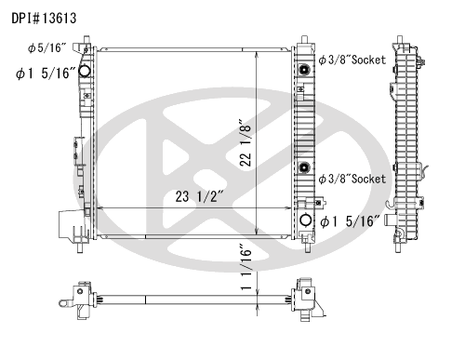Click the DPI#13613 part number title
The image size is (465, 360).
click(x=44, y=19)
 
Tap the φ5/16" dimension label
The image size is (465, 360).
click(x=46, y=47)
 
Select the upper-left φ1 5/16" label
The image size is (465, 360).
click(x=46, y=73)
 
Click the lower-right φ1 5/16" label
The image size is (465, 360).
click(x=350, y=221)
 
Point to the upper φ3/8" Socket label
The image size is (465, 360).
click(x=352, y=60)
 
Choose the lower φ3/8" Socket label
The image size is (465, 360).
click(x=352, y=179)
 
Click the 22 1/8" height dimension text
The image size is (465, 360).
click(x=246, y=142)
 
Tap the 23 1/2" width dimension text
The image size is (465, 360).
click(x=199, y=196)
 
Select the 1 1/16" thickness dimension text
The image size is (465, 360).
click(x=246, y=267)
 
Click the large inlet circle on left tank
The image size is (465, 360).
click(x=84, y=71)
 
